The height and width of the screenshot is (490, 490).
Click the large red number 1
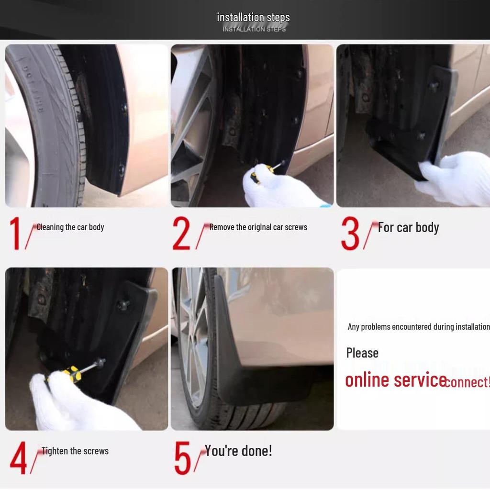[x=15, y=233]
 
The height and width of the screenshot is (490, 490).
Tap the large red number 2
[x=181, y=233]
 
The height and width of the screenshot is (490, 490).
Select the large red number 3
[x=350, y=234]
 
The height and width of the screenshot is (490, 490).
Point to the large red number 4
[x=18, y=458]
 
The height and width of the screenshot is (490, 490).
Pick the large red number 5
[x=182, y=458]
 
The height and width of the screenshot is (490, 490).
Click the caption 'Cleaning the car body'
[x=70, y=227]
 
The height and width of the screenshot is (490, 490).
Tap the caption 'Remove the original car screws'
[x=258, y=227]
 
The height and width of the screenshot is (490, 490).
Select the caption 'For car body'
[x=408, y=227]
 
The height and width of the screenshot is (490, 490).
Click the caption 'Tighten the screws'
[x=75, y=451]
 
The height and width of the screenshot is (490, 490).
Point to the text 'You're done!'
[x=238, y=451]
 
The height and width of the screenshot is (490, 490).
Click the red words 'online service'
[x=395, y=380]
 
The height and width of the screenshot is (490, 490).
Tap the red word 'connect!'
[x=468, y=382]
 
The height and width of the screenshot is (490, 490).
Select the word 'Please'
[x=362, y=353]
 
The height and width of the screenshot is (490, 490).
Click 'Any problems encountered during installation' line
[x=418, y=327]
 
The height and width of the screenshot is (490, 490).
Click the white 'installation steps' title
[x=253, y=18]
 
